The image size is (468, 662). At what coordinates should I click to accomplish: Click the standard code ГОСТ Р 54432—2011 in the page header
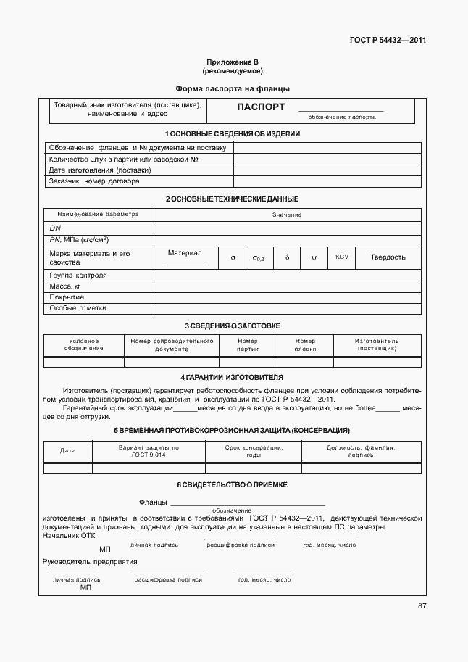click(388, 40)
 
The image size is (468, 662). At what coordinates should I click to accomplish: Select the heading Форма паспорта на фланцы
click(233, 88)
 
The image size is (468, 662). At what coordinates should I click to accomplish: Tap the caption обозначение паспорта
click(341, 117)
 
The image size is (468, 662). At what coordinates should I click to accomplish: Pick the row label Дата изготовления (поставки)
click(100, 170)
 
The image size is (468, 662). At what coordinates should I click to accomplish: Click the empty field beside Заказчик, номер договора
click(326, 182)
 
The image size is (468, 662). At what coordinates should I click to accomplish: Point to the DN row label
click(55, 228)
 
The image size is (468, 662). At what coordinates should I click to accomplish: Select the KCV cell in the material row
click(342, 257)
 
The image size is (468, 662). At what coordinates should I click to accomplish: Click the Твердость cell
click(388, 257)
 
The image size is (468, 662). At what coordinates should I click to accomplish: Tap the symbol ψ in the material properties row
click(314, 257)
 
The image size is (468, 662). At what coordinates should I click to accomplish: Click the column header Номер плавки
click(305, 344)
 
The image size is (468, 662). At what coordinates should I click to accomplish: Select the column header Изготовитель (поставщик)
click(377, 344)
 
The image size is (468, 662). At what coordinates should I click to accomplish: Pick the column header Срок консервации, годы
click(254, 451)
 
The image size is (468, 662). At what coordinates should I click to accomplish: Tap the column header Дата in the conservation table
click(67, 451)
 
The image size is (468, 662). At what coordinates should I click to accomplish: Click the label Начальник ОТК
click(69, 535)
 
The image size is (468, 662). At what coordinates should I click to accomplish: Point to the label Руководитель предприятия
click(90, 562)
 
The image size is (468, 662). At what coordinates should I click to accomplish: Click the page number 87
click(422, 606)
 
